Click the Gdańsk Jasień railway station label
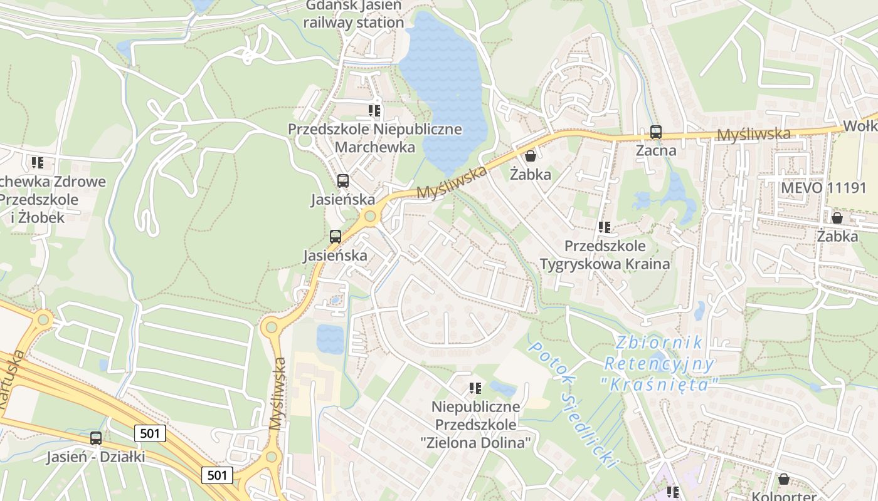pos(354,15)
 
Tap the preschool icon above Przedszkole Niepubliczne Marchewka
pos(374,111)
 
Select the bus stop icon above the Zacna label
pos(656,132)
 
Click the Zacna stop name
pos(656,150)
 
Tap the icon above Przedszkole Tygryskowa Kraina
pos(605,227)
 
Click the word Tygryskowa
pos(583,264)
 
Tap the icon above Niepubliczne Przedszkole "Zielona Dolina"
pos(475,388)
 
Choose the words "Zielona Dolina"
pos(475,443)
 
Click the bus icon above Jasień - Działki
pos(96,438)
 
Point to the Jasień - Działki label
pos(95,457)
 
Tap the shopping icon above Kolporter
pos(783,480)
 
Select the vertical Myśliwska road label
pos(277,393)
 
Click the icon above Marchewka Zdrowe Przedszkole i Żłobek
pos(38,163)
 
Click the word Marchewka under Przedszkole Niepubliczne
pos(375,147)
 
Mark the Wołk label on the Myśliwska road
pos(860,126)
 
